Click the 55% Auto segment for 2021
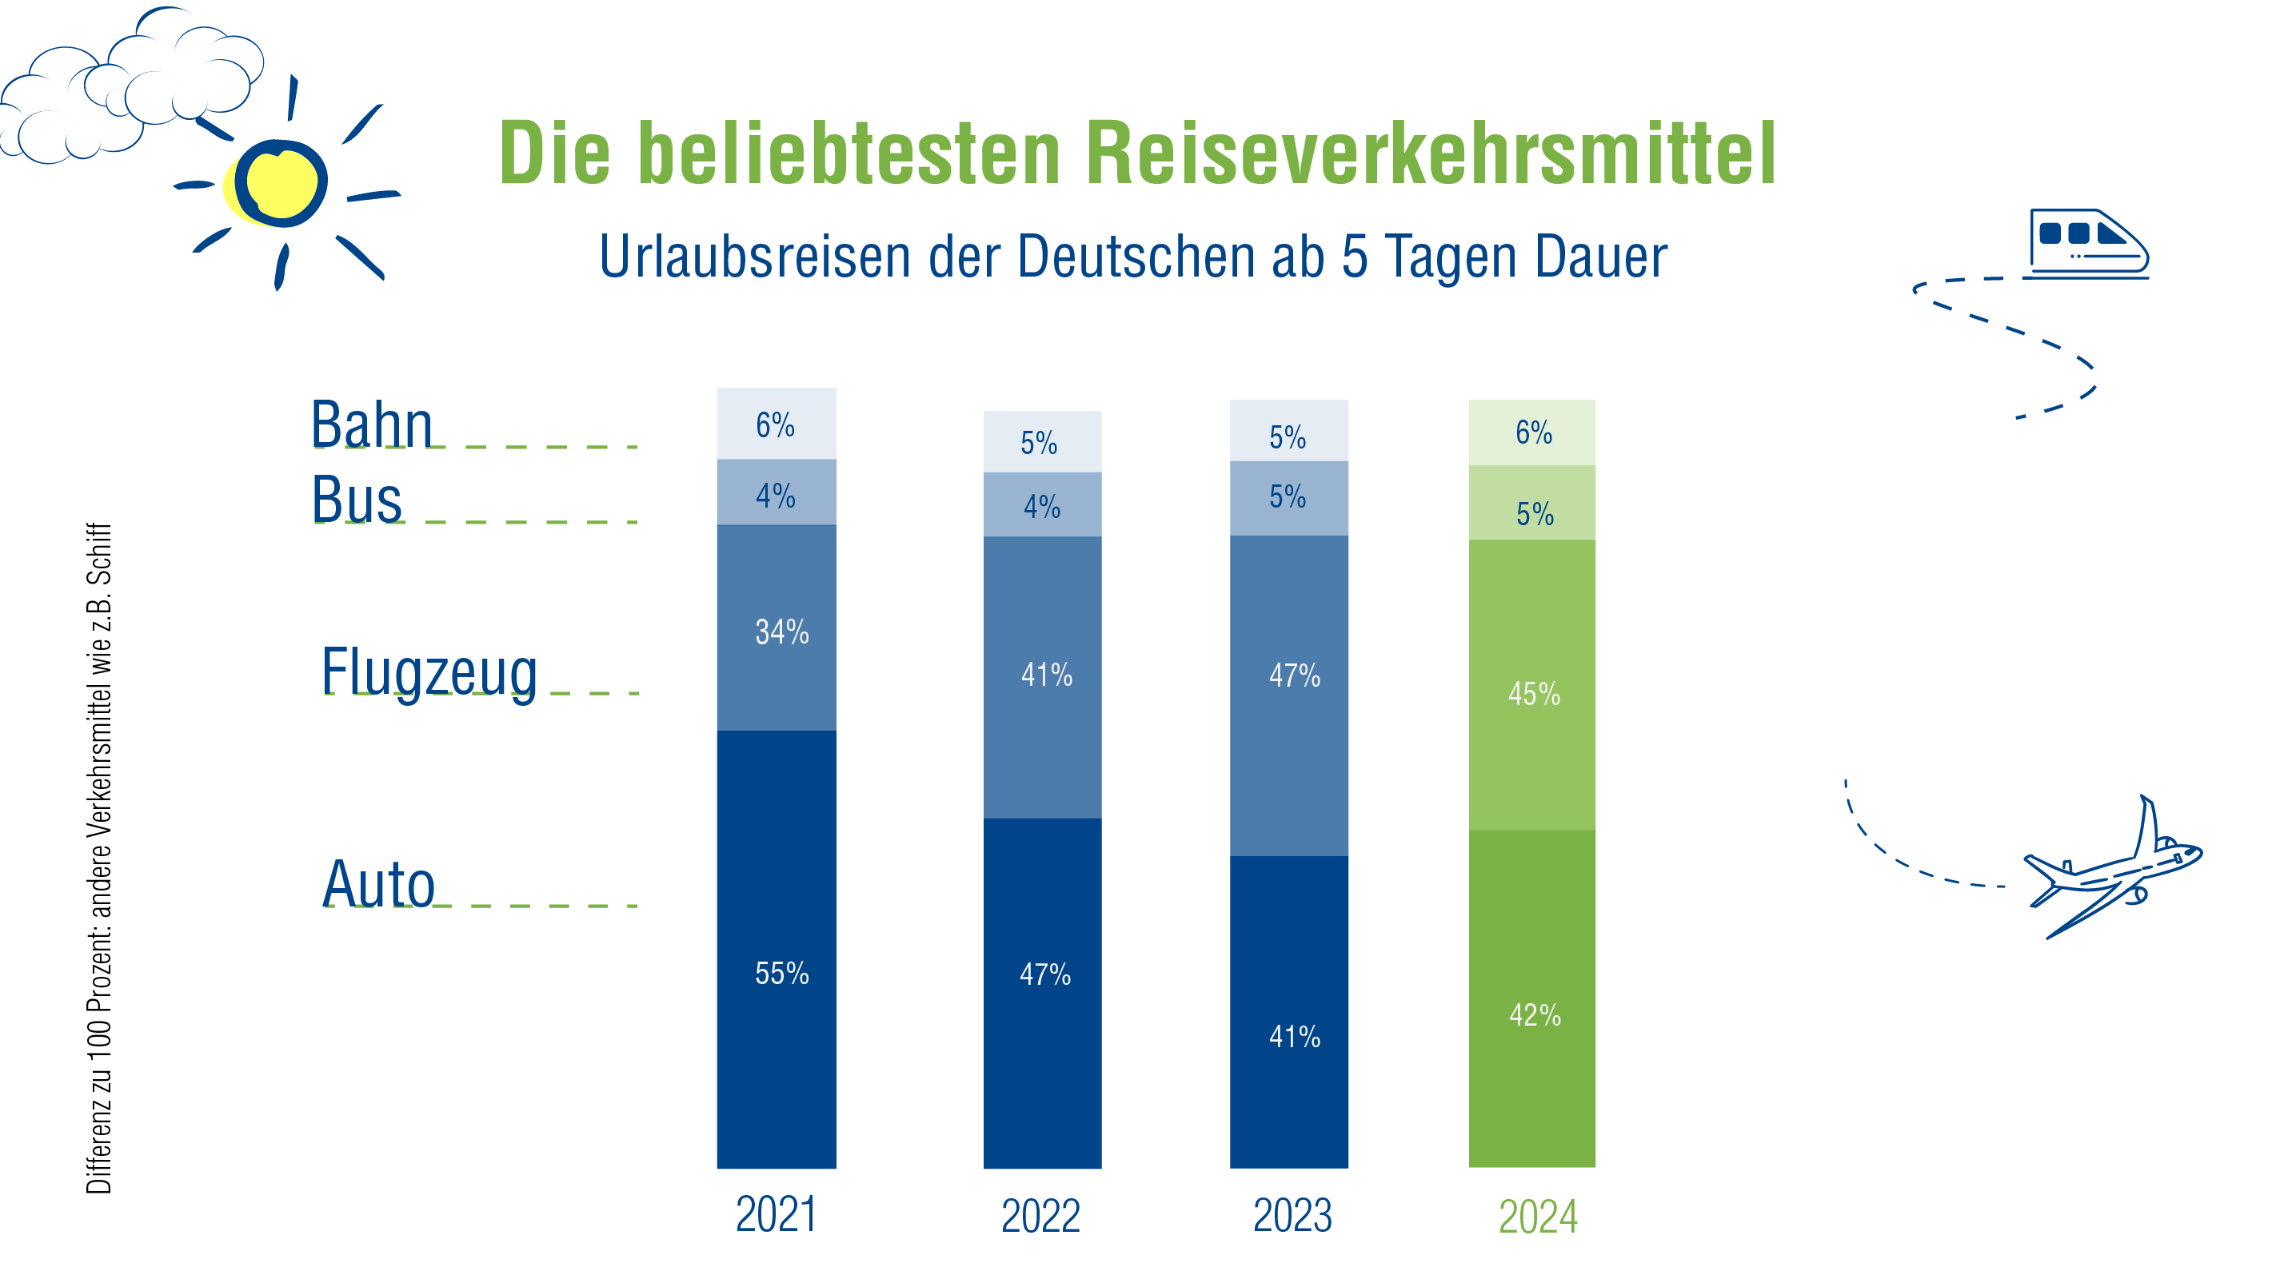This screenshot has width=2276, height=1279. click(x=776, y=950)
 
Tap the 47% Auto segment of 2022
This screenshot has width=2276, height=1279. click(x=1042, y=993)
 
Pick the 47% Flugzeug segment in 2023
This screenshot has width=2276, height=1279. click(x=1288, y=695)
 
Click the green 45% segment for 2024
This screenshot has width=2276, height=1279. click(x=1531, y=684)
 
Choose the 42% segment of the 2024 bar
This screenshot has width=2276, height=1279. click(x=1531, y=998)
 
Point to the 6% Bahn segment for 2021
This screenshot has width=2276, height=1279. click(x=776, y=424)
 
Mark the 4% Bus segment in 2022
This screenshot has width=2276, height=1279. click(x=1042, y=504)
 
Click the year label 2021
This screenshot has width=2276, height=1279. click(x=776, y=1214)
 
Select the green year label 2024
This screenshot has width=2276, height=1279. click(x=1537, y=1217)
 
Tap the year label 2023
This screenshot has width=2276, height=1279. click(x=1292, y=1215)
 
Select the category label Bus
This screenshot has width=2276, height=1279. click(x=357, y=500)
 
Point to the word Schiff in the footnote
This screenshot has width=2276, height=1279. click(x=99, y=553)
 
